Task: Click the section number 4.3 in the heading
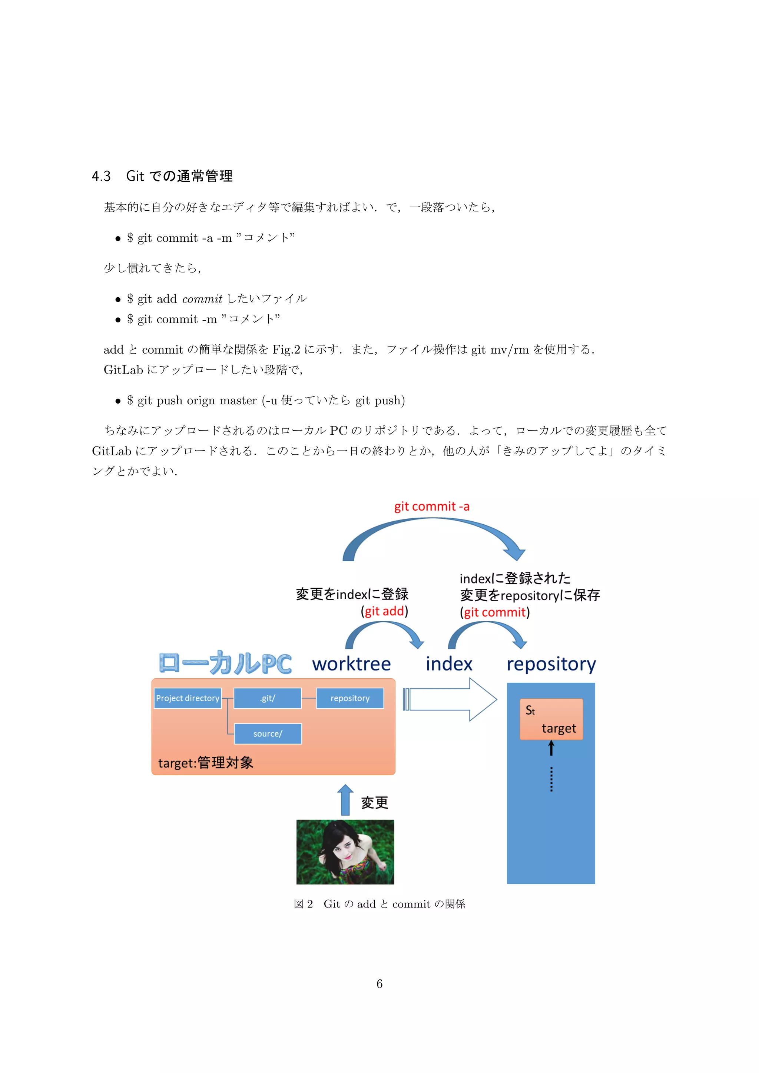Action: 101,176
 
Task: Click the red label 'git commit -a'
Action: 431,507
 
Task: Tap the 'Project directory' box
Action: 188,698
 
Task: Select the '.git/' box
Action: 268,698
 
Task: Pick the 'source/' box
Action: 268,734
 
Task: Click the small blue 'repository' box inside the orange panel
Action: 350,698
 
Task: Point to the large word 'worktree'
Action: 351,664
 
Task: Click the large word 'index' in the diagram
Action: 449,664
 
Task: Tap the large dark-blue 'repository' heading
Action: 551,664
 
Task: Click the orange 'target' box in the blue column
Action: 551,719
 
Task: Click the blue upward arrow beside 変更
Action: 345,800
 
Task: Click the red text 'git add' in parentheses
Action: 384,611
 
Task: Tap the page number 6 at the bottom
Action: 379,984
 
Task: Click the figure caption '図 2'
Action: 303,904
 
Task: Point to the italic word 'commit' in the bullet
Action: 202,299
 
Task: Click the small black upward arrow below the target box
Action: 551,748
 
